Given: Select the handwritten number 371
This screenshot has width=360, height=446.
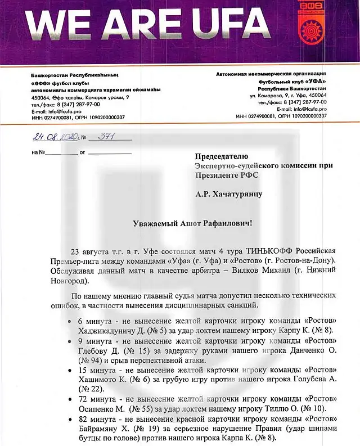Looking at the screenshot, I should (106, 137).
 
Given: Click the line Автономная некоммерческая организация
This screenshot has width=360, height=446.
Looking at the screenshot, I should (271, 75).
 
